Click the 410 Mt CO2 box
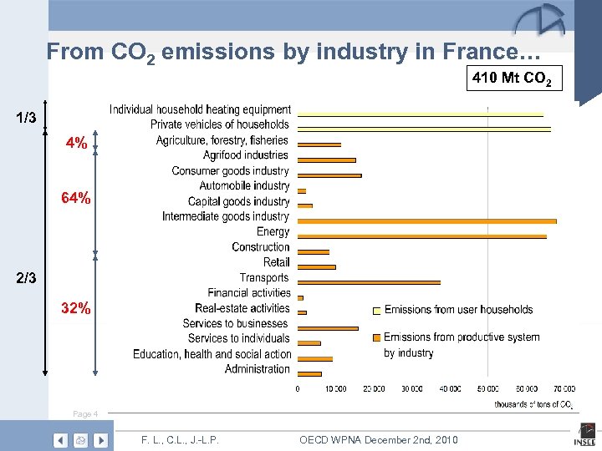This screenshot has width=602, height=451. coord(515,80)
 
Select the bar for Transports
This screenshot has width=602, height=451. coord(369,282)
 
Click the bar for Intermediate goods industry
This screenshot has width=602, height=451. coord(426,221)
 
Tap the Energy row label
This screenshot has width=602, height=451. coord(273,231)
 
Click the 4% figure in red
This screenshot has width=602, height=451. coord(76,144)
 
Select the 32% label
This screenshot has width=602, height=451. coord(76,307)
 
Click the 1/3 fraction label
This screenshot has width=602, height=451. coord(26,118)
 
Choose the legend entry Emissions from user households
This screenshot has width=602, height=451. coord(457,310)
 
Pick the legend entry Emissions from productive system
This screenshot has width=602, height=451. coord(461,337)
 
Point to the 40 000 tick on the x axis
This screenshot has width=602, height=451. coord(450,388)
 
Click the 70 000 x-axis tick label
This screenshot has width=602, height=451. coord(564,388)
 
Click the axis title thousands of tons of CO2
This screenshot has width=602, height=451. coord(533,405)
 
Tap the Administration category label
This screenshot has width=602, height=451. coord(257,369)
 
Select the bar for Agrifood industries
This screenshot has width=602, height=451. coord(326,160)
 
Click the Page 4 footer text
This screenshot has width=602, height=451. coord(85,414)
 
